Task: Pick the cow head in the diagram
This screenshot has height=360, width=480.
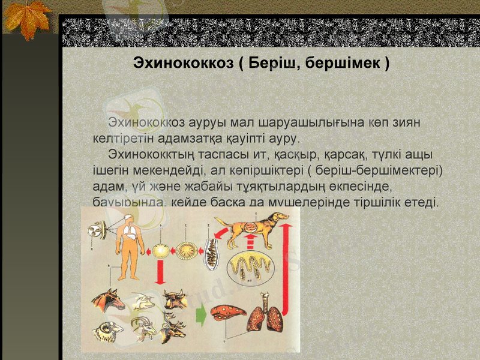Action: [175, 298]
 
